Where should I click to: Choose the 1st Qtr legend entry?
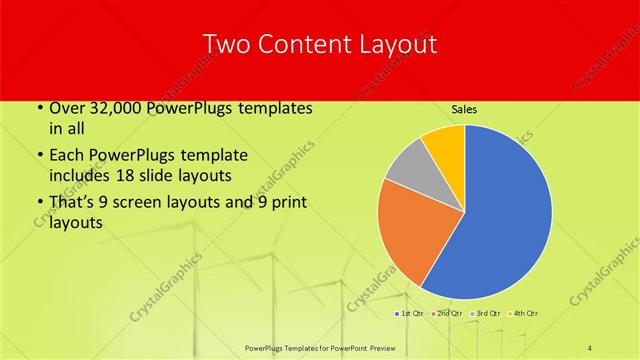tap(409, 314)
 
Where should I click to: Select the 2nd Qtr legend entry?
tap(445, 314)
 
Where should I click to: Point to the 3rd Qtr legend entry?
tap(486, 314)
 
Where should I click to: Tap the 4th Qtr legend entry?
tap(526, 314)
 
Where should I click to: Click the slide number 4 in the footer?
tap(591, 347)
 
